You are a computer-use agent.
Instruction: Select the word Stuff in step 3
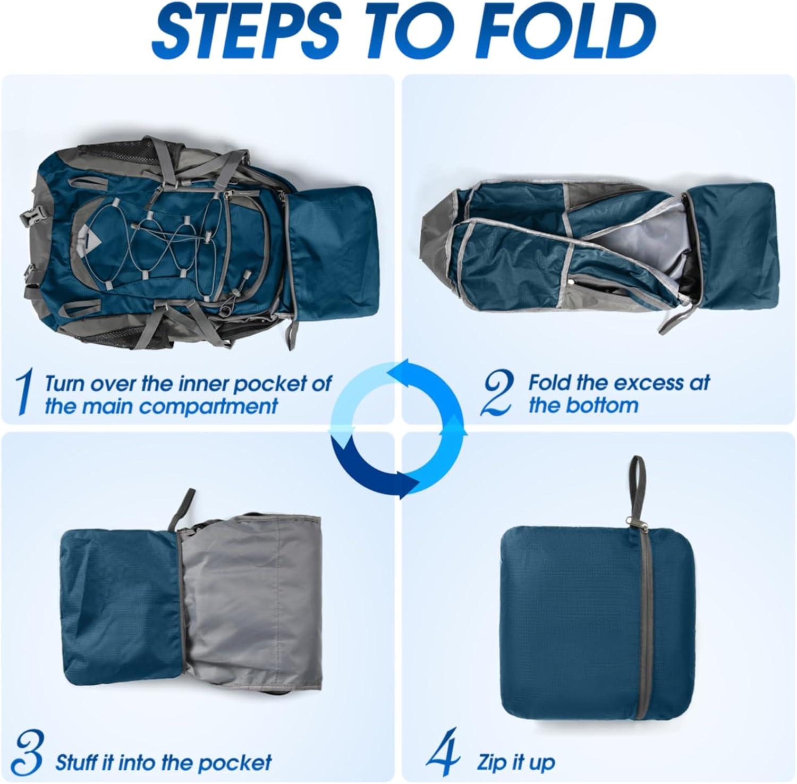click(77, 762)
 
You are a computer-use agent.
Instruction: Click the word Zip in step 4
click(491, 762)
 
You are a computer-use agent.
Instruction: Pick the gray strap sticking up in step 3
click(181, 510)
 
